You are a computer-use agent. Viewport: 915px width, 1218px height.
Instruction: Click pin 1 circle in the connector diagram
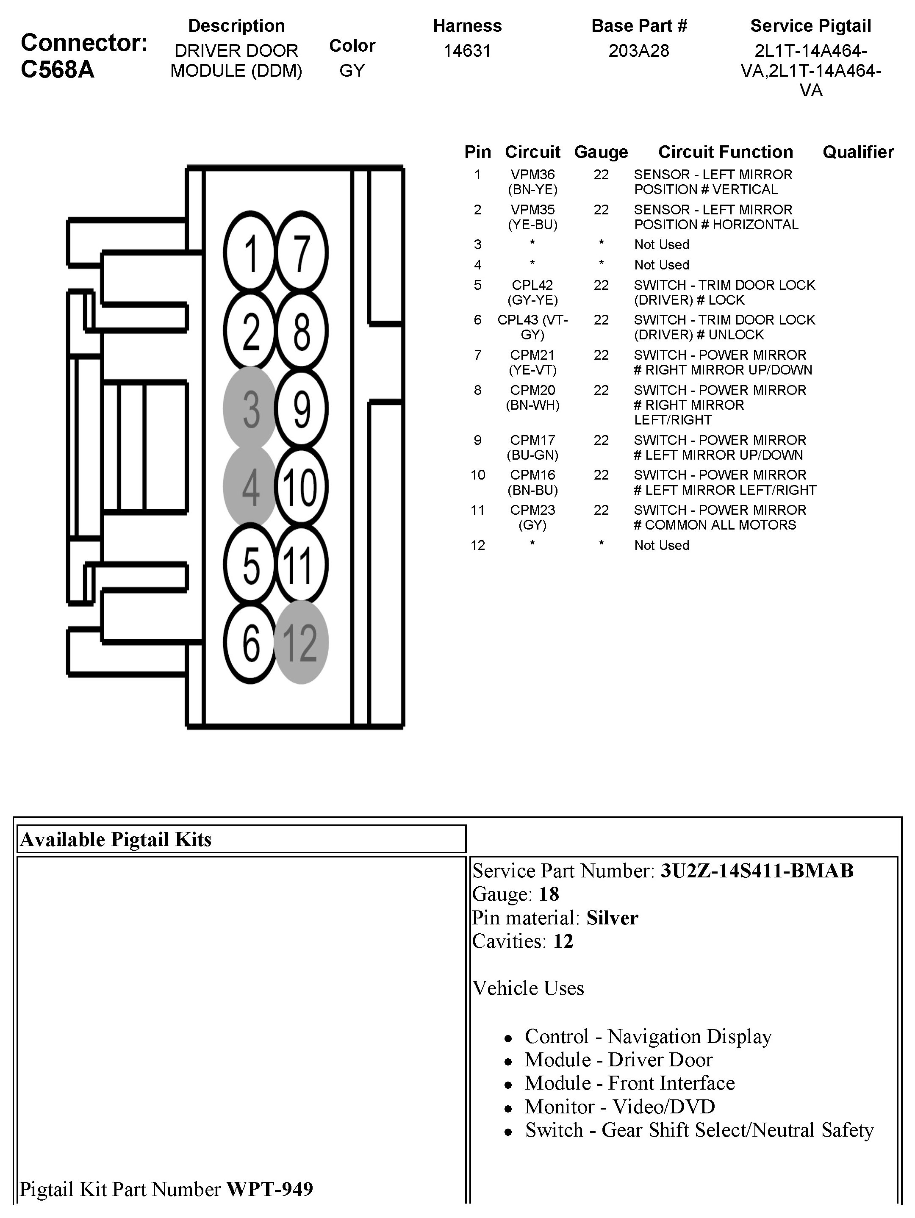(x=250, y=253)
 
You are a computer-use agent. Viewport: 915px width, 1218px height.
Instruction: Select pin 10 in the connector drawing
(x=301, y=487)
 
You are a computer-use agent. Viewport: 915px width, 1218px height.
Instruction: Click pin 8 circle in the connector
(x=301, y=331)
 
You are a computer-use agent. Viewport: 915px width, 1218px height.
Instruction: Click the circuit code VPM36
(x=532, y=175)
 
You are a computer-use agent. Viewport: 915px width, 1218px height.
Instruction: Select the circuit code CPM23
(x=532, y=510)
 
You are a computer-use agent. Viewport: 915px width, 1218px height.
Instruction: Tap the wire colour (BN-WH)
(x=532, y=405)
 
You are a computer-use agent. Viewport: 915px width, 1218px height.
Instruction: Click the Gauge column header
(x=601, y=152)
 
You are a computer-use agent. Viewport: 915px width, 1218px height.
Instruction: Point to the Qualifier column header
(x=858, y=152)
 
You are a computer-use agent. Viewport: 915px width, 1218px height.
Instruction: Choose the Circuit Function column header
(x=725, y=152)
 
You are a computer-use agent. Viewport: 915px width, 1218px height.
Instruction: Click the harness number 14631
(x=467, y=51)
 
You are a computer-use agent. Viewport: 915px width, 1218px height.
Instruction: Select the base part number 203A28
(x=639, y=51)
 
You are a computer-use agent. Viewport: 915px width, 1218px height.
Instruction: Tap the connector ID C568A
(x=58, y=70)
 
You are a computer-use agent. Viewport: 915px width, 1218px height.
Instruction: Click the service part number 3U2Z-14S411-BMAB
(x=757, y=871)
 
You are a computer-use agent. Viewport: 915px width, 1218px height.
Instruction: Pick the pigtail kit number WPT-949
(x=270, y=1189)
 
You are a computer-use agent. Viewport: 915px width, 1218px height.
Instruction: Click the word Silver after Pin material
(x=612, y=918)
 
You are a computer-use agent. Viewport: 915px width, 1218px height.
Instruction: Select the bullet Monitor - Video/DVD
(x=619, y=1106)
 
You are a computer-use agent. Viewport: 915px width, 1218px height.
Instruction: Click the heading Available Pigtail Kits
(x=116, y=839)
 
